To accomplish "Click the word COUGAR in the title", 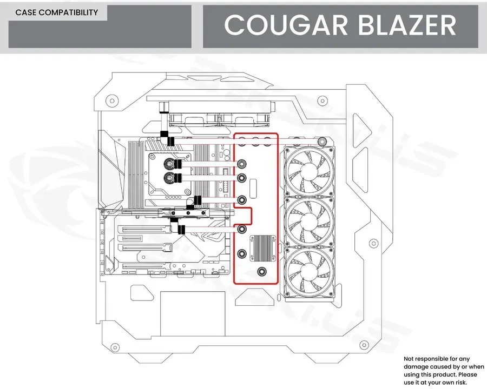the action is coord(285,25).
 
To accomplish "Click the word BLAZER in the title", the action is coord(407,25).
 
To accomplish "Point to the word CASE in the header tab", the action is coord(26,12).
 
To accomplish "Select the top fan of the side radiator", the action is coord(310,171).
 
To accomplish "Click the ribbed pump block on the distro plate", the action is coord(264,248).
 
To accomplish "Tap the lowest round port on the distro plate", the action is coord(262,272).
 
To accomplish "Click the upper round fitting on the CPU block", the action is coord(169,164).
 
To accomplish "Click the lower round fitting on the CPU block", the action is coord(169,178).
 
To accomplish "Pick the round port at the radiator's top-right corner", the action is coord(322,142).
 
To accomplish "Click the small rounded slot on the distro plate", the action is coord(253,187).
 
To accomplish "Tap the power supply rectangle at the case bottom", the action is coord(193,313).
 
